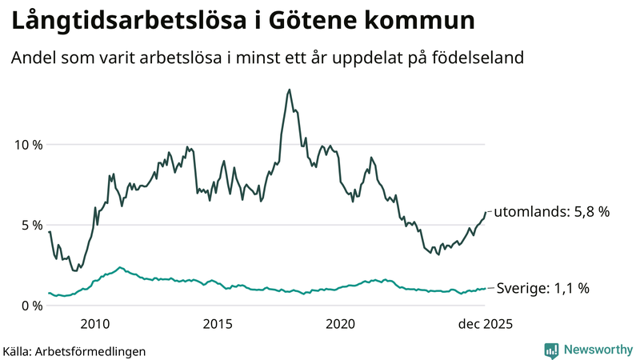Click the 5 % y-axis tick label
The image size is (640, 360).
[x=31, y=225]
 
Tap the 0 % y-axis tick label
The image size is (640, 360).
[x=31, y=306]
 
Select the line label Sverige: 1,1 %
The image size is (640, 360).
[x=543, y=288]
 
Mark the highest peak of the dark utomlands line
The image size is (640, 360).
[x=289, y=90]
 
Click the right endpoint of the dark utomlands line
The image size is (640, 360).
[x=486, y=212]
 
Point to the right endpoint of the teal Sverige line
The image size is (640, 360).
[x=486, y=288]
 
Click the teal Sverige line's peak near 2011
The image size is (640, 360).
[x=120, y=267]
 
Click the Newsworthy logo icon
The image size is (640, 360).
[x=551, y=350]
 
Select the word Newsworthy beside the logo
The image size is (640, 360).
[x=598, y=350]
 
